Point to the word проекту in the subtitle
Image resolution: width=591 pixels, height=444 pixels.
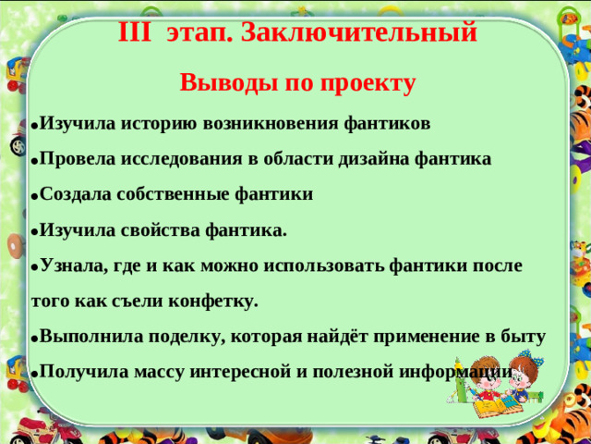pos(370,83)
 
